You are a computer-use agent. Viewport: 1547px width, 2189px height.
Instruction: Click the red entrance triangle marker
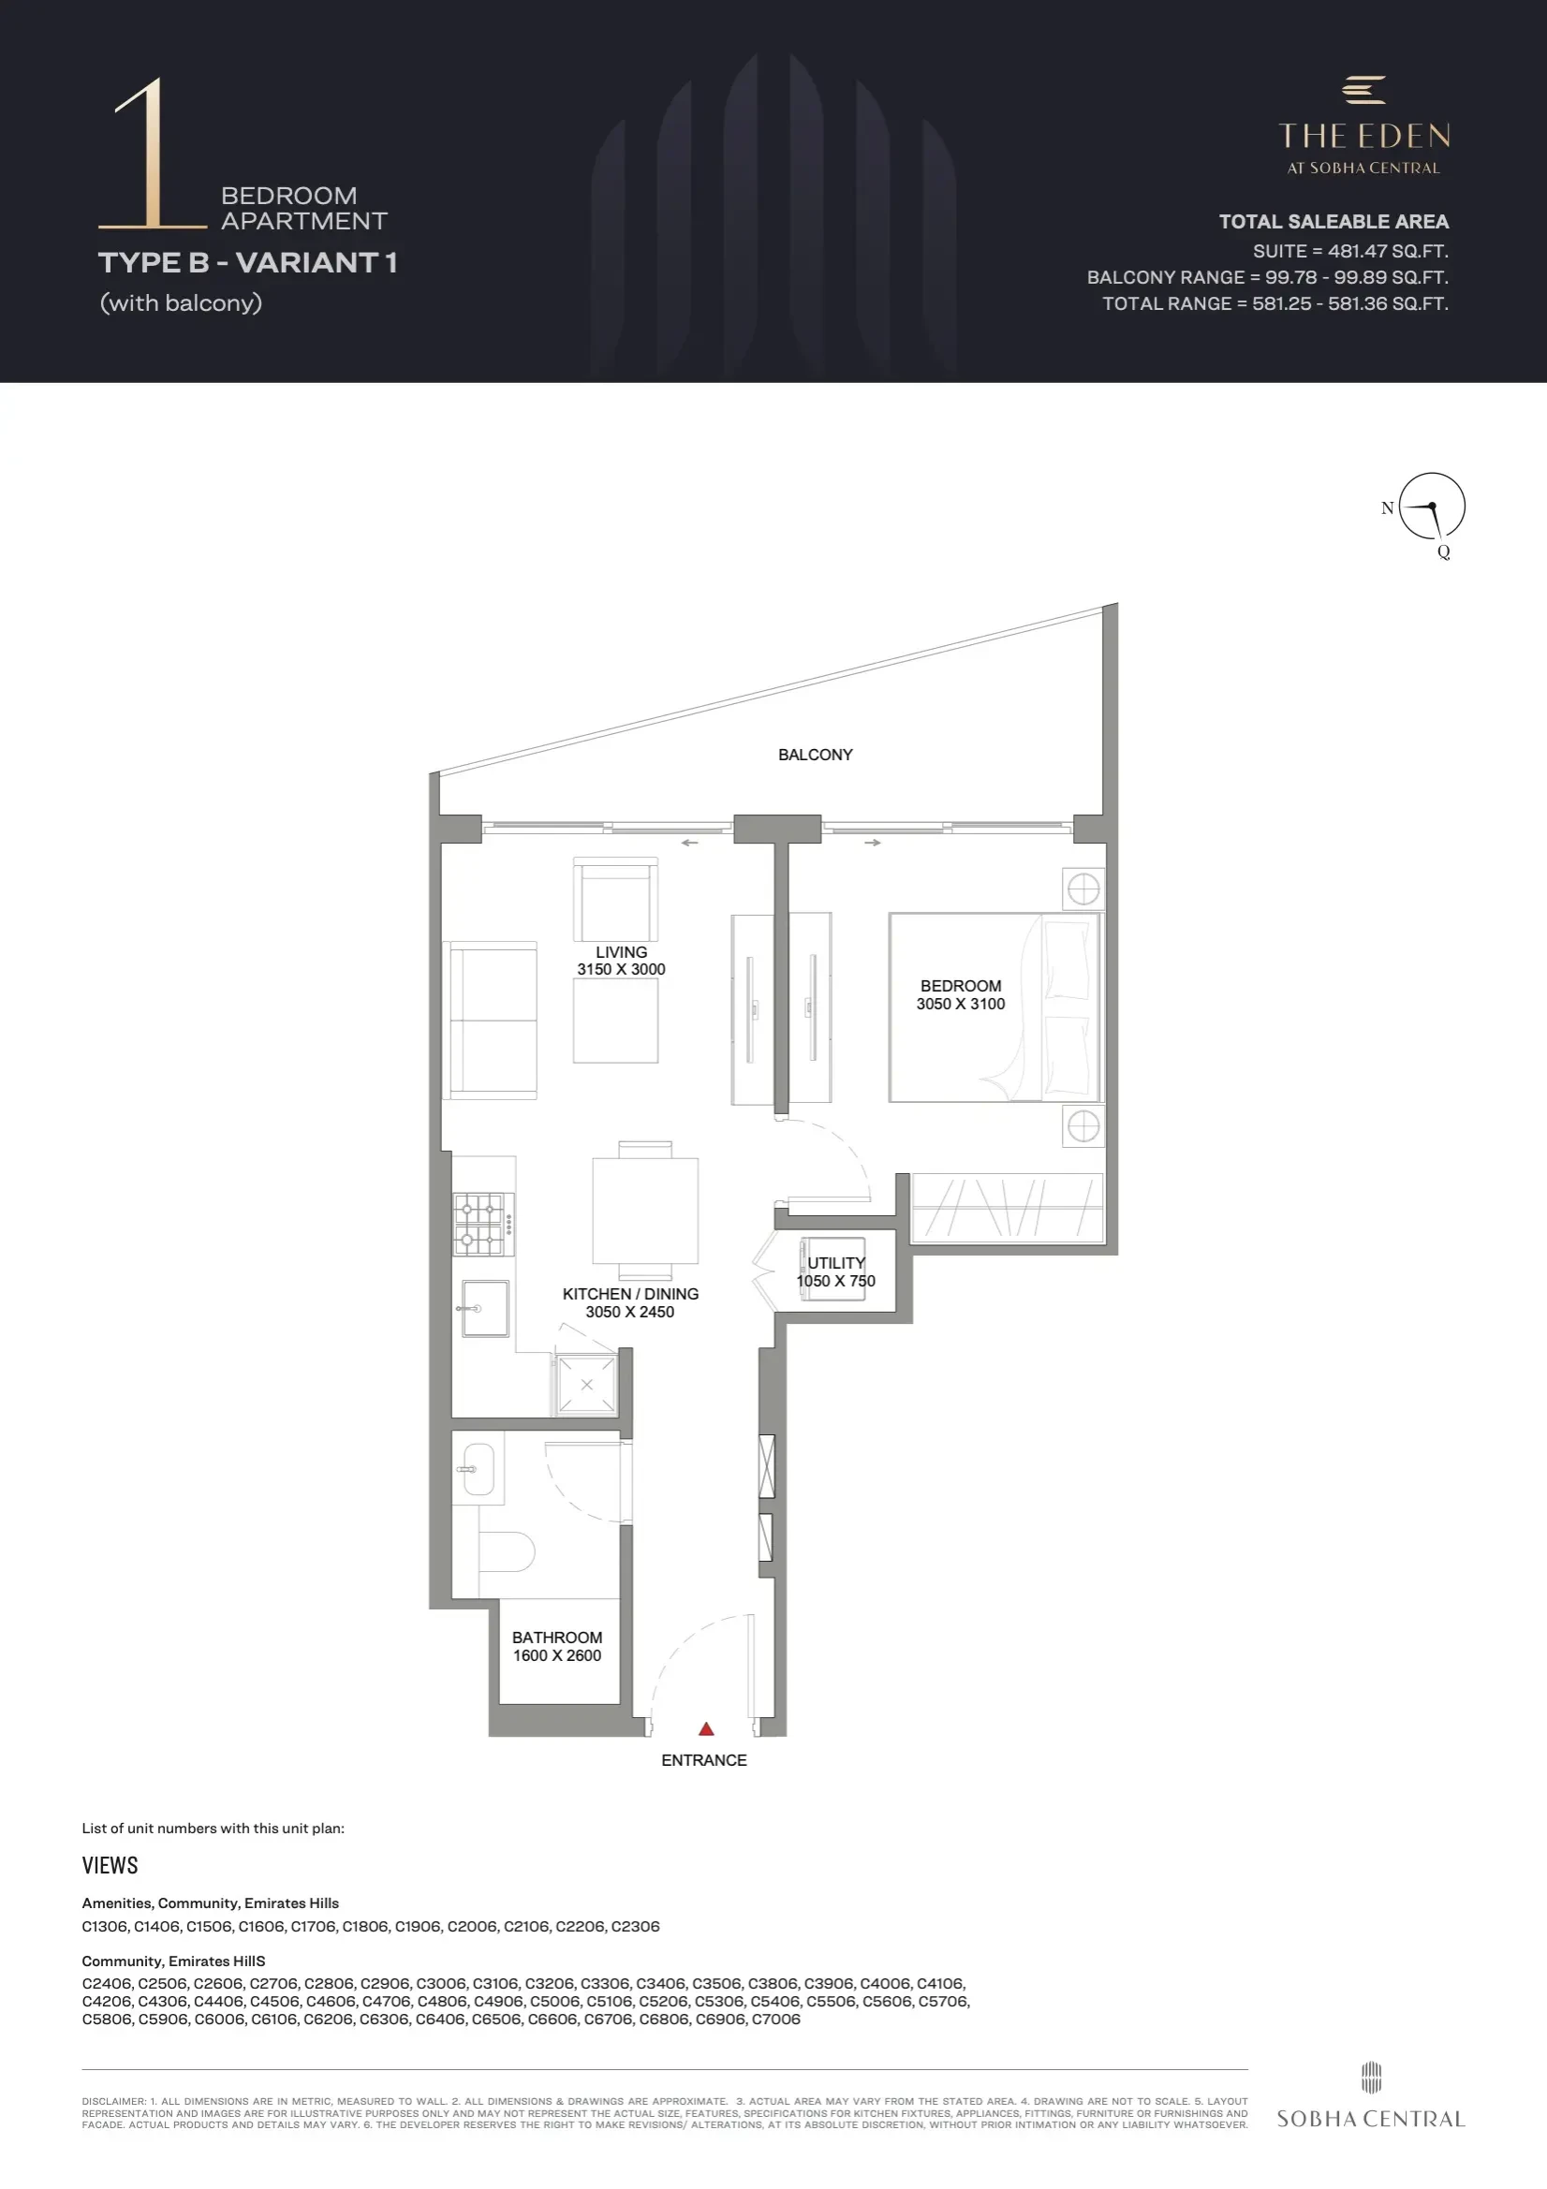pyautogui.click(x=706, y=1728)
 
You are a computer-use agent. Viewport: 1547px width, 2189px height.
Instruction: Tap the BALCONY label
pyautogui.click(x=816, y=754)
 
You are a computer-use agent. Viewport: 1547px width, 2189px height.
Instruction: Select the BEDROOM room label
pyautogui.click(x=961, y=986)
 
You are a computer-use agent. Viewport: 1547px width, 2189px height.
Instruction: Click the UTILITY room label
pyautogui.click(x=836, y=1262)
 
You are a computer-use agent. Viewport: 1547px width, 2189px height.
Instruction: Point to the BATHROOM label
pyautogui.click(x=557, y=1637)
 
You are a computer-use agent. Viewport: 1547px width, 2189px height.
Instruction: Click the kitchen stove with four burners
pyautogui.click(x=483, y=1224)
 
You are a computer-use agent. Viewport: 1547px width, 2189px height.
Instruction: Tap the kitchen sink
pyautogui.click(x=483, y=1308)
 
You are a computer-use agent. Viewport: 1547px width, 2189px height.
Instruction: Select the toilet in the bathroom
pyautogui.click(x=507, y=1551)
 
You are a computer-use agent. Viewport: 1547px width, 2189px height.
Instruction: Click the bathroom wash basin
pyautogui.click(x=477, y=1469)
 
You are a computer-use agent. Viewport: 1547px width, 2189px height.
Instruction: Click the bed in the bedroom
pyautogui.click(x=994, y=1007)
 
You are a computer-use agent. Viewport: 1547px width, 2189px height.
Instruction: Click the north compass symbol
pyautogui.click(x=1431, y=507)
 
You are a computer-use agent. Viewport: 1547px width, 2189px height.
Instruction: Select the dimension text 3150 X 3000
pyautogui.click(x=621, y=970)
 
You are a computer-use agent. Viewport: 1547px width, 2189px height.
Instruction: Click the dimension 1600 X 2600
pyautogui.click(x=557, y=1655)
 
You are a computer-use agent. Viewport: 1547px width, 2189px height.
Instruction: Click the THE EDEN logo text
pyautogui.click(x=1363, y=137)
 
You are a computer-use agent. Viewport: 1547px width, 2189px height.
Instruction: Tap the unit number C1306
pyautogui.click(x=105, y=1926)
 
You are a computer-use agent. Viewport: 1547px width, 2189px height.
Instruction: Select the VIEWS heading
pyautogui.click(x=110, y=1865)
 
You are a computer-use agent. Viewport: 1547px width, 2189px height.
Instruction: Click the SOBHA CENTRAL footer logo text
pyautogui.click(x=1371, y=2119)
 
